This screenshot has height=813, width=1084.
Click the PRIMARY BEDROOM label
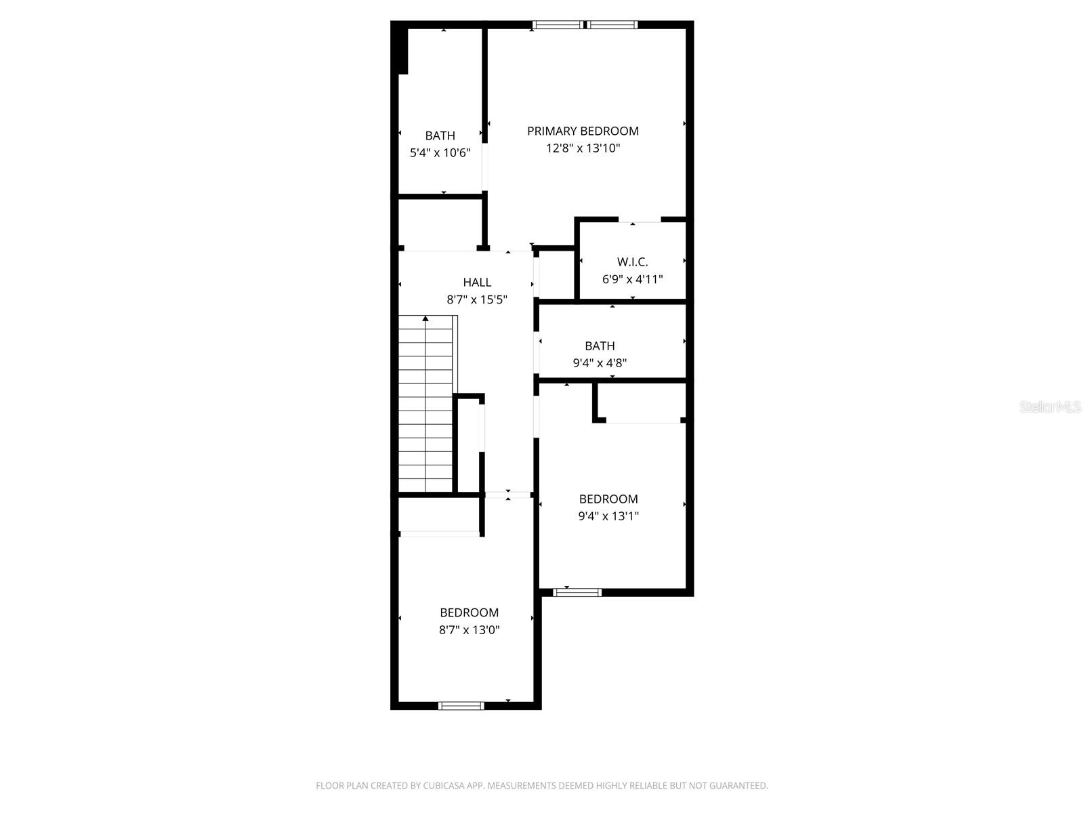tap(583, 131)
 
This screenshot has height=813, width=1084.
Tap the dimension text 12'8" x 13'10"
tap(583, 148)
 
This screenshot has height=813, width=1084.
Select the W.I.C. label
tap(632, 262)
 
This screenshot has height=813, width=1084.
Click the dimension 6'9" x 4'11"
tap(632, 278)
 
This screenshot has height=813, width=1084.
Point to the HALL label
tap(477, 282)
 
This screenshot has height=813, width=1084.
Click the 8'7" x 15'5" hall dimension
tap(477, 299)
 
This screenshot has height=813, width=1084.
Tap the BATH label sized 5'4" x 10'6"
tap(440, 135)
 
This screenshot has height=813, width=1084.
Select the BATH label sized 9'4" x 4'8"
tap(600, 346)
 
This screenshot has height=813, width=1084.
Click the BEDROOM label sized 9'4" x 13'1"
tap(608, 499)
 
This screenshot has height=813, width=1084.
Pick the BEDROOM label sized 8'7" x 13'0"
tap(469, 612)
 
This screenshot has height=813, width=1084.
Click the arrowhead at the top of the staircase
tap(425, 318)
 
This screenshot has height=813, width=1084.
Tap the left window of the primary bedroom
tap(557, 25)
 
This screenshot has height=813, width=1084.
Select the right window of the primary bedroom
tap(612, 25)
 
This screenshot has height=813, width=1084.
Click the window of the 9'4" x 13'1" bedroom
tap(577, 592)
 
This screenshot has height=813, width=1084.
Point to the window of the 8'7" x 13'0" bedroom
tap(461, 706)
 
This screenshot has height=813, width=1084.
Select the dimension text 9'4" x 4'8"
tap(600, 363)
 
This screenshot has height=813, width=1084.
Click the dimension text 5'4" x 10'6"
tap(440, 153)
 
